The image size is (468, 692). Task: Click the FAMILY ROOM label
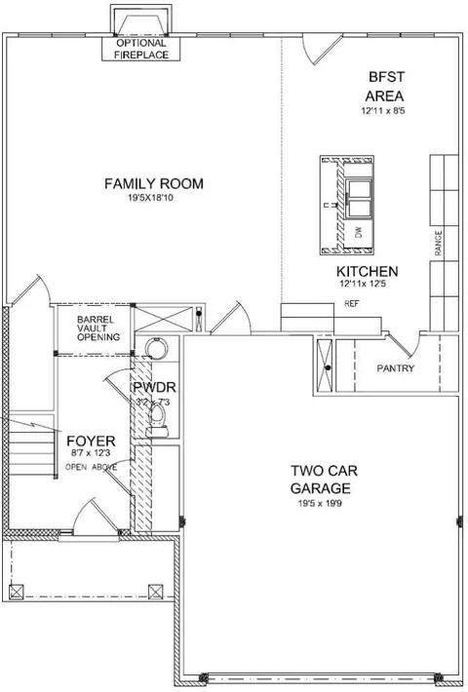coord(154,183)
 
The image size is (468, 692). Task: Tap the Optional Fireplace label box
coord(141,49)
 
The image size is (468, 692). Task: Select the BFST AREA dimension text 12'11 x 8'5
coord(383,111)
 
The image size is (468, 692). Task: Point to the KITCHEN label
coord(368,271)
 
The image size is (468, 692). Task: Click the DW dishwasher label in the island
coord(358,232)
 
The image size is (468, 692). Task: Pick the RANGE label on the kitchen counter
coord(439,243)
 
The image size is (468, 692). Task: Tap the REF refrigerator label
coord(351,304)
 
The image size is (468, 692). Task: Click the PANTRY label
coord(396,367)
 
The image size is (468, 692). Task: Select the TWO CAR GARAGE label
coord(324,479)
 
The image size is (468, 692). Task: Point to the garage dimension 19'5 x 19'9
coord(320,503)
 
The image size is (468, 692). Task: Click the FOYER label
coord(91,441)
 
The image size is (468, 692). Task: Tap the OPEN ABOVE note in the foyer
coord(91,467)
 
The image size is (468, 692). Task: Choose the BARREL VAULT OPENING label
coord(98,328)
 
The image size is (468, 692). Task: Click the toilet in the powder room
coord(157,419)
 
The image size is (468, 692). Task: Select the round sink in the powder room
coord(156,347)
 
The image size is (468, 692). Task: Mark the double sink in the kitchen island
coord(359,199)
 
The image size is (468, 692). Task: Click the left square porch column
coord(17,592)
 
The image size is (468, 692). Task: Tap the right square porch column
coord(155,592)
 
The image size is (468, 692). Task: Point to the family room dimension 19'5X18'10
coord(150,198)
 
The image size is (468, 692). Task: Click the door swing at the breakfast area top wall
coord(321,49)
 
